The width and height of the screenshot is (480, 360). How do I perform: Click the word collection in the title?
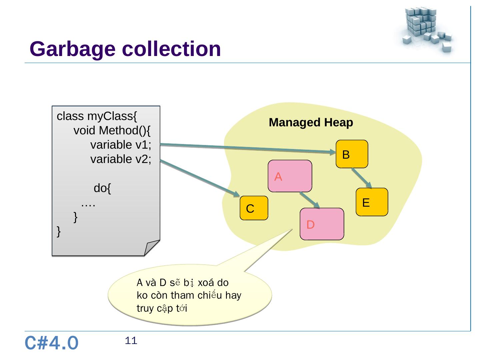[171, 49]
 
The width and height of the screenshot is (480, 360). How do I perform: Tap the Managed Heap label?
[311, 123]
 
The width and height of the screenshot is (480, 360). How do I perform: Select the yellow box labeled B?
[352, 154]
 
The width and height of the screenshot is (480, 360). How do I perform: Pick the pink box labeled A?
[290, 176]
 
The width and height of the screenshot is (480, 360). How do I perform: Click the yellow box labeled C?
[254, 208]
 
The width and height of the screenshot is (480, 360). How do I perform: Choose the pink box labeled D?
[322, 224]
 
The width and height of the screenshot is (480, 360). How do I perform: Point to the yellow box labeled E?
[372, 202]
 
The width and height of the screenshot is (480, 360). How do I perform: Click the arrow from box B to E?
[362, 178]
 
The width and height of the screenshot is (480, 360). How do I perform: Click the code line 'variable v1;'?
[121, 145]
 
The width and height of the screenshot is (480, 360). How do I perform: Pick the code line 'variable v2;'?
[121, 159]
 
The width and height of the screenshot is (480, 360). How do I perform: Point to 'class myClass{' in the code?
[97, 116]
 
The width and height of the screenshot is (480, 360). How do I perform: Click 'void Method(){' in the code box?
[112, 131]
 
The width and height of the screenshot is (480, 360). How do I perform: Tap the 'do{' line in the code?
[102, 188]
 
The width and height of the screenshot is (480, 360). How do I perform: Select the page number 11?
[131, 341]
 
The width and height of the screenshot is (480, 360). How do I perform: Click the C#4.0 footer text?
[52, 343]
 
